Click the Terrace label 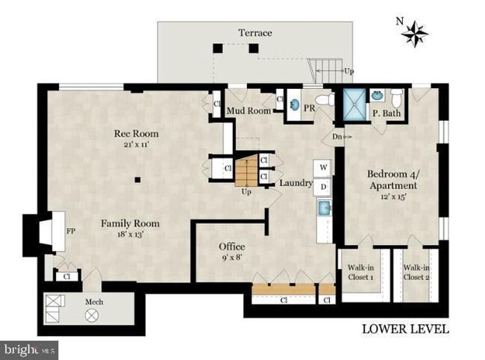pyautogui.click(x=255, y=33)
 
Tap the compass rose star pyautogui.click(x=414, y=34)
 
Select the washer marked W pyautogui.click(x=322, y=168)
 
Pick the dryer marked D pyautogui.click(x=322, y=187)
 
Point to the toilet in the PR pyautogui.click(x=325, y=100)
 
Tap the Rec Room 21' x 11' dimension pyautogui.click(x=136, y=144)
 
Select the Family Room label pyautogui.click(x=131, y=223)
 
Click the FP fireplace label pyautogui.click(x=71, y=231)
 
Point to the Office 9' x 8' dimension pyautogui.click(x=231, y=257)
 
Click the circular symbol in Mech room pyautogui.click(x=93, y=316)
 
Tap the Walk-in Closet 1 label pyautogui.click(x=360, y=272)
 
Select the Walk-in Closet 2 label pyautogui.click(x=416, y=272)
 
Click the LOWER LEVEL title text pyautogui.click(x=405, y=329)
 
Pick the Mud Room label pyautogui.click(x=249, y=111)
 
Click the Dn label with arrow pyautogui.click(x=342, y=137)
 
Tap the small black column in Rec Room pyautogui.click(x=137, y=179)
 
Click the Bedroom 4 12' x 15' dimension pyautogui.click(x=393, y=197)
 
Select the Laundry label pyautogui.click(x=296, y=183)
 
